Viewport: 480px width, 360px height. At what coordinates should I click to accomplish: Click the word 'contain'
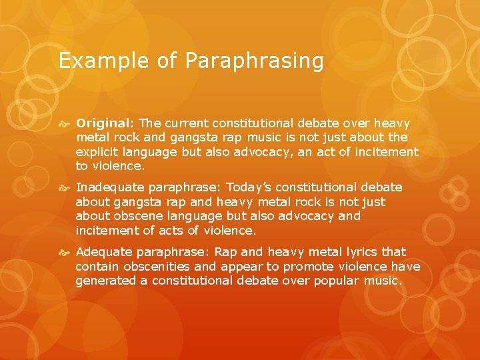(94, 267)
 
